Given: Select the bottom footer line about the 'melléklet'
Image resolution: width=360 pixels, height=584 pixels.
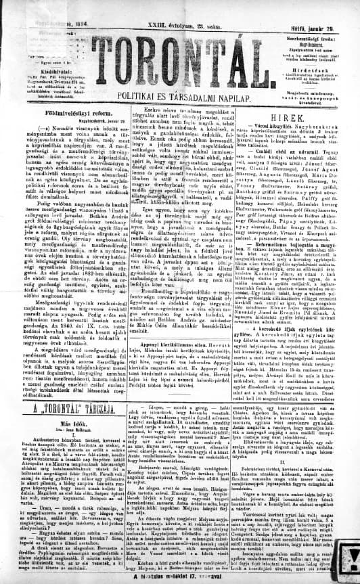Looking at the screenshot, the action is click(x=179, y=577).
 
